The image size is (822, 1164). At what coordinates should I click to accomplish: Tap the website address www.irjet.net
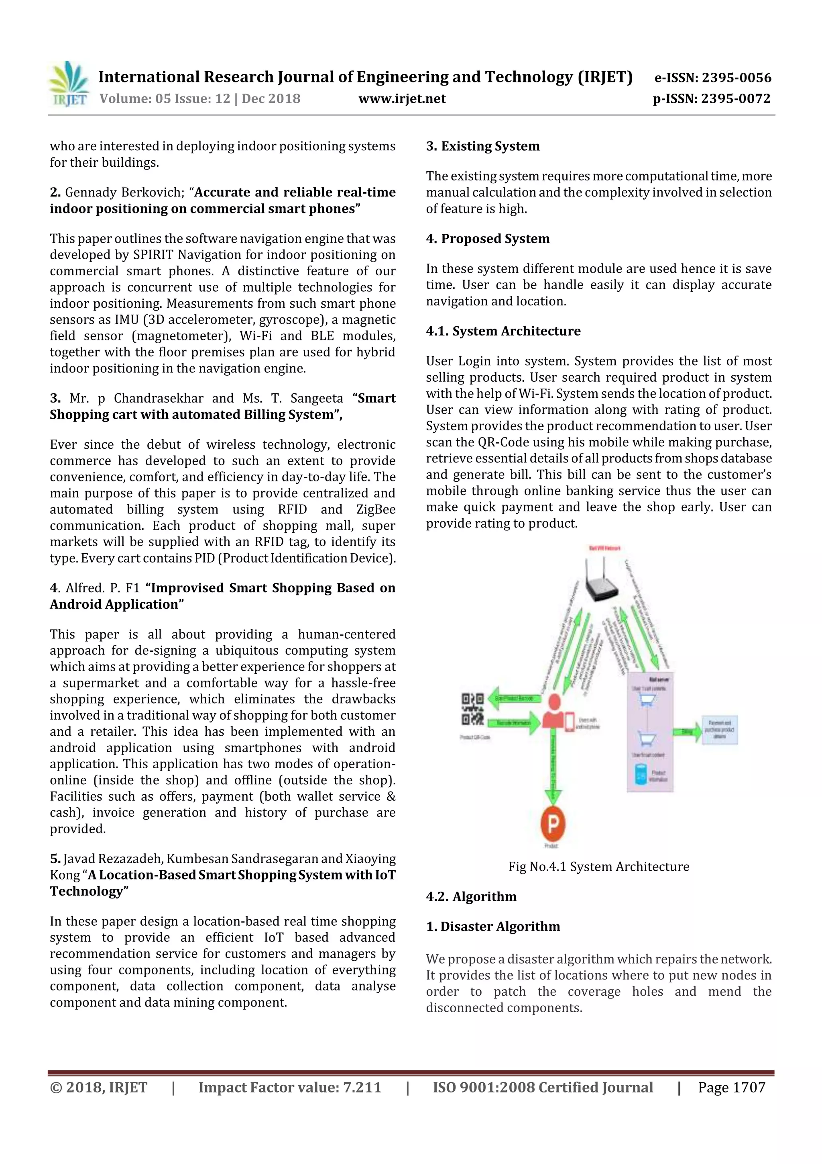(x=402, y=99)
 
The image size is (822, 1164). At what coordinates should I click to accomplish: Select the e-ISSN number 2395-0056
(x=737, y=78)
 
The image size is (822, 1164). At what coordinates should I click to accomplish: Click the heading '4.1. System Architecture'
(x=503, y=331)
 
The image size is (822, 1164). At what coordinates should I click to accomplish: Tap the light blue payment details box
(x=719, y=730)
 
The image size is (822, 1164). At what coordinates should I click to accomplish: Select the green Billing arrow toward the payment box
(x=686, y=732)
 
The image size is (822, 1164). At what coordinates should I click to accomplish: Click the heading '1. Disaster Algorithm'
(x=493, y=927)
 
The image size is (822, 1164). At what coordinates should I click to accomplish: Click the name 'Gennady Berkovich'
(x=124, y=192)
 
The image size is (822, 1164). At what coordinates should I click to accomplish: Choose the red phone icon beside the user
(x=570, y=722)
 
